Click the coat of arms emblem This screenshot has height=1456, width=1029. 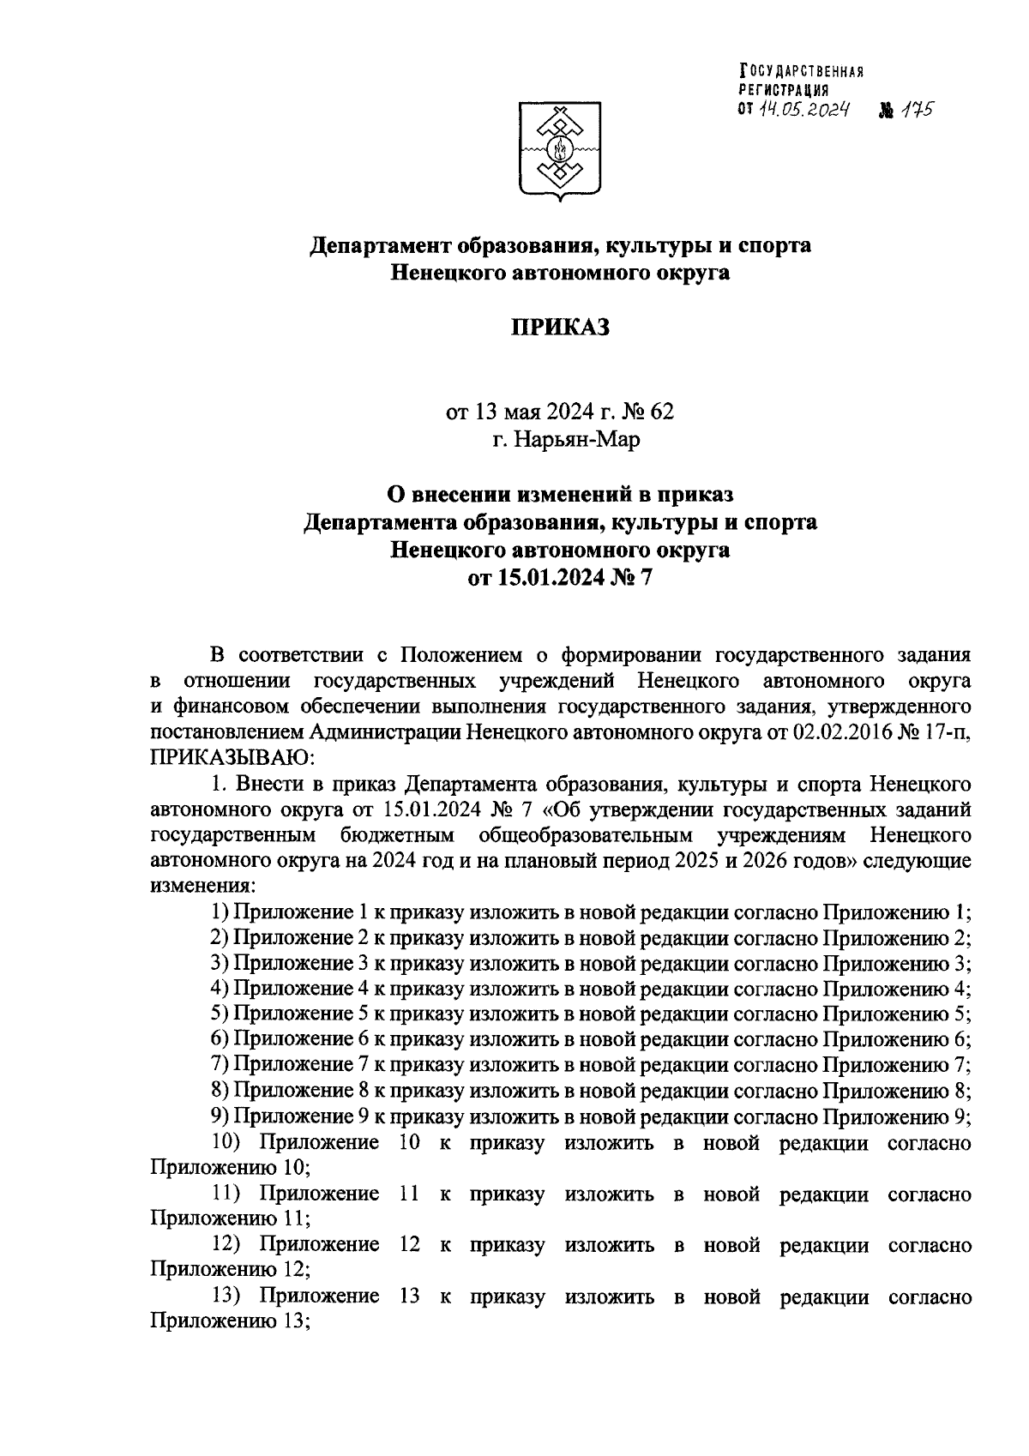tap(560, 150)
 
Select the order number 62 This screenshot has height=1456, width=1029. tap(662, 412)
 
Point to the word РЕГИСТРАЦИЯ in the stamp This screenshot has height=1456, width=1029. tap(784, 89)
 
